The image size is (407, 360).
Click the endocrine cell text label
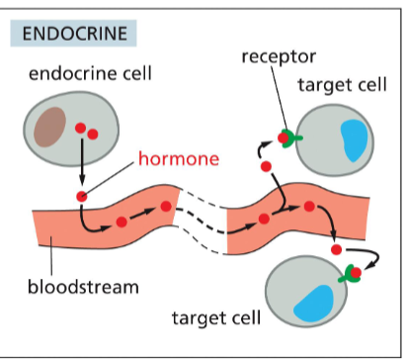point(83,74)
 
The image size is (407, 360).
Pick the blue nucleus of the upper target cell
point(355,137)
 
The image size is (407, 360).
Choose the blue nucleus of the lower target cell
point(313,302)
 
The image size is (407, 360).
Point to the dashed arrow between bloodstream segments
point(202,223)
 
